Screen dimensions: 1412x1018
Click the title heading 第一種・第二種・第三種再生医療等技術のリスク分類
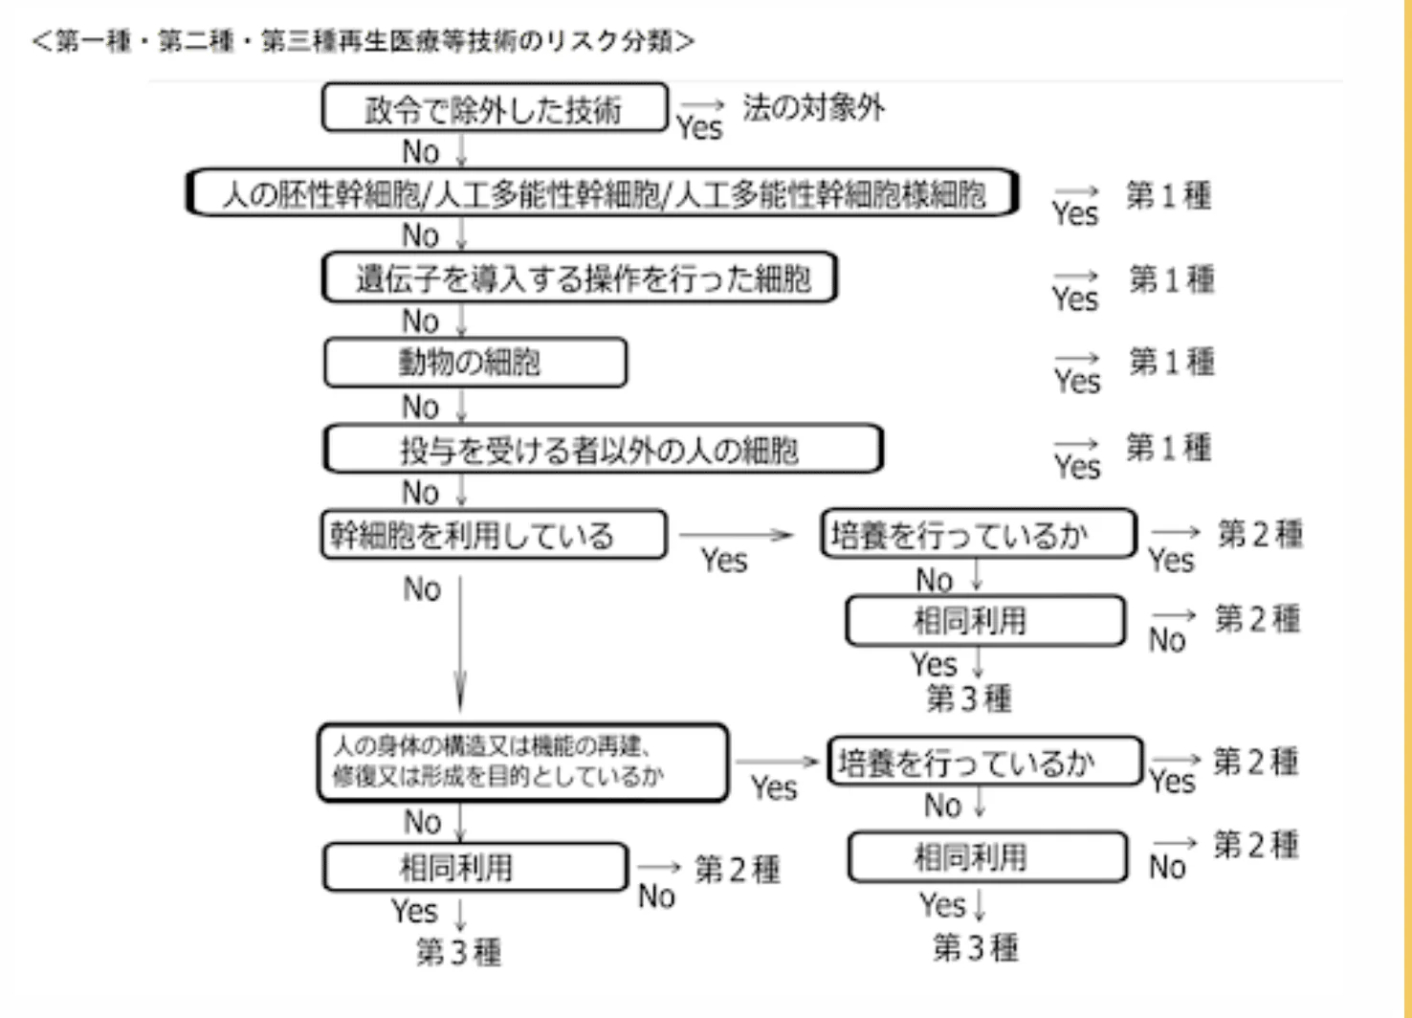[x=364, y=41]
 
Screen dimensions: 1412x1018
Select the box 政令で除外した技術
[x=495, y=108]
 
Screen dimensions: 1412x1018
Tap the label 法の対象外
[x=814, y=107]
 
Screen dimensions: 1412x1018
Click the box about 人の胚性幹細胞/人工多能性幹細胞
[x=602, y=192]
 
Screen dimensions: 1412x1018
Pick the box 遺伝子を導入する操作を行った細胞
[x=580, y=277]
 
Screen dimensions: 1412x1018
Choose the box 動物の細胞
[x=475, y=363]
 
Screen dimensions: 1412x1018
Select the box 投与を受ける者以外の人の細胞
[x=604, y=449]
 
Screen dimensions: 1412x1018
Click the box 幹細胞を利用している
[x=494, y=535]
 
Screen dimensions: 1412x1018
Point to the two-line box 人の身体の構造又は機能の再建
[x=523, y=763]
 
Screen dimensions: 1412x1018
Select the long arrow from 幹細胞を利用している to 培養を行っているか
[x=736, y=535]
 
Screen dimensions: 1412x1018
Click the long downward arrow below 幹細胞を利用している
[x=460, y=643]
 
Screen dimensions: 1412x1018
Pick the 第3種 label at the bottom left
[x=459, y=952]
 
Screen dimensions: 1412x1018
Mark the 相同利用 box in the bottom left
[x=475, y=868]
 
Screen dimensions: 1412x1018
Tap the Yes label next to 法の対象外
[x=699, y=128]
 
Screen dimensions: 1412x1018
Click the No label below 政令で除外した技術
[x=421, y=152]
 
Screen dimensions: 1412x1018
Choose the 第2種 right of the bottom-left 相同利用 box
[x=738, y=870]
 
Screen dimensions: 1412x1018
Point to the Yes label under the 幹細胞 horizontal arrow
[x=724, y=561]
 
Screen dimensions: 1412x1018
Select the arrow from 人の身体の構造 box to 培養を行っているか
[x=777, y=762]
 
